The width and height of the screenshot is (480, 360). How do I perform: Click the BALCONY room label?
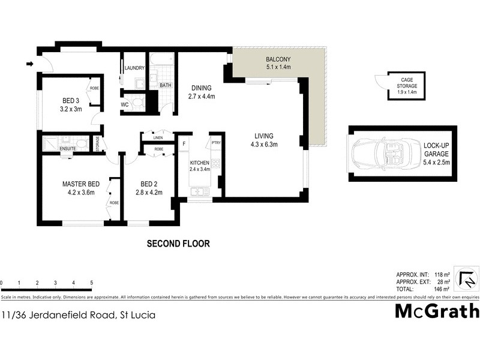(x=278, y=59)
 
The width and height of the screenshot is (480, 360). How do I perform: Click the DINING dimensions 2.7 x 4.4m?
(x=202, y=96)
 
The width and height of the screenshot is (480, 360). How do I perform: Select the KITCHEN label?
(x=200, y=163)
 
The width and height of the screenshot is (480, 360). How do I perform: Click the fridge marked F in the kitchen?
(x=183, y=144)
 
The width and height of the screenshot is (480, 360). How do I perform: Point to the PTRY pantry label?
(x=215, y=142)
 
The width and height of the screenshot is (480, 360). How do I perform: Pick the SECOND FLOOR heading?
(x=178, y=244)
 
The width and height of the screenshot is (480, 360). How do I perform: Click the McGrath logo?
(x=436, y=311)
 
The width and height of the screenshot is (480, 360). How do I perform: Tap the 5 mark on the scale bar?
(x=91, y=283)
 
